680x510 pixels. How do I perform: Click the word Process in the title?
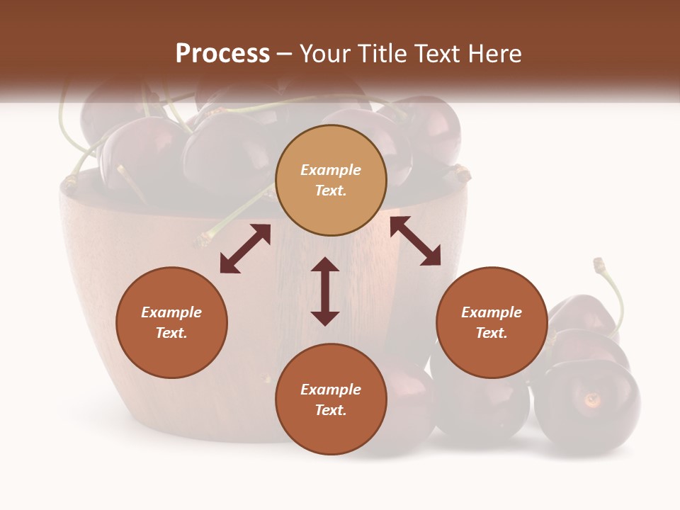tap(222, 53)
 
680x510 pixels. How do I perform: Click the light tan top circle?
tap(331, 181)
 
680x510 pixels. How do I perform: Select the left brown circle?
tap(171, 322)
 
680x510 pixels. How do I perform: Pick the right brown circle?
tap(492, 322)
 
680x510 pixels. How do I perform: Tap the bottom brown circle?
tap(331, 399)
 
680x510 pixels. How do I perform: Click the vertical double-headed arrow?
tap(325, 291)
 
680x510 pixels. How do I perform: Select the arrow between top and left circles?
tap(245, 249)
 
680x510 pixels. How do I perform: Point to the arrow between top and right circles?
tap(415, 241)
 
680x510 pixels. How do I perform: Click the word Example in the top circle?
tap(331, 170)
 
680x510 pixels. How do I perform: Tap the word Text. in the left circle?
tap(171, 333)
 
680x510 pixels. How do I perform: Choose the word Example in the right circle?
tap(492, 312)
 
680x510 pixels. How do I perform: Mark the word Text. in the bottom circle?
tap(331, 410)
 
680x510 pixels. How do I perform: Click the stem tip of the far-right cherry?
tap(599, 264)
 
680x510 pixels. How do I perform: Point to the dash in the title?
tap(285, 53)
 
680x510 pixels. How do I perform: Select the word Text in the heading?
tap(433, 53)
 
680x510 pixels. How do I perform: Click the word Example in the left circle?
tap(171, 312)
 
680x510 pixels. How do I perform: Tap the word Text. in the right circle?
tap(492, 333)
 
